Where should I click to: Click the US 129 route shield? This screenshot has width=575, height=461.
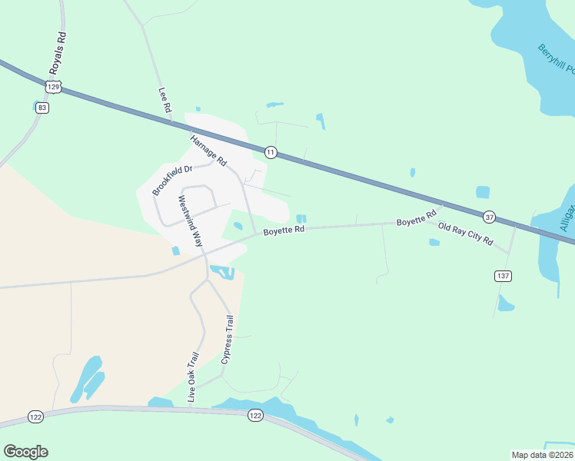point(53,88)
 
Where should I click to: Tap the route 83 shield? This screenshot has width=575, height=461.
point(42,108)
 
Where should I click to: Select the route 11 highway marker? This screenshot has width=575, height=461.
point(271,152)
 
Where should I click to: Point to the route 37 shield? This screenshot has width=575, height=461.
point(489,216)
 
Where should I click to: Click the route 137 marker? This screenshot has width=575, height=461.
point(503,275)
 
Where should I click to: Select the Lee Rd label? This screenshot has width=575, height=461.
point(164,101)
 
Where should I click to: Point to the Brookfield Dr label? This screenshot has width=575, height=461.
point(171,180)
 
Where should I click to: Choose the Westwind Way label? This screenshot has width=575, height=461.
point(190,220)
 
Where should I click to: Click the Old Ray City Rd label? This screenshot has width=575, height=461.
point(465,234)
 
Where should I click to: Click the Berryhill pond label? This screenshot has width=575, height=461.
point(556,59)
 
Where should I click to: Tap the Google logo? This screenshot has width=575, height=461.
point(25,452)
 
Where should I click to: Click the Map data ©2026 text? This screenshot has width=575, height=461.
point(541,455)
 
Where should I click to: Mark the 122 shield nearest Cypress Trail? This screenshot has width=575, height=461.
point(256,415)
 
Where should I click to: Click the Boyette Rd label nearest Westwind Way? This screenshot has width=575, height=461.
point(284,229)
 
